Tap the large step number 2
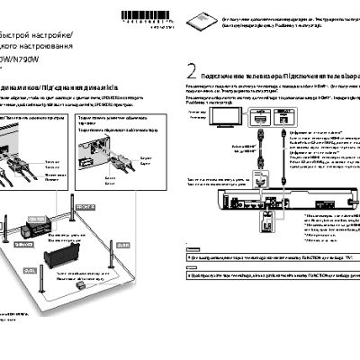click(x=191, y=72)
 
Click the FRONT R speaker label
click(x=85, y=206)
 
